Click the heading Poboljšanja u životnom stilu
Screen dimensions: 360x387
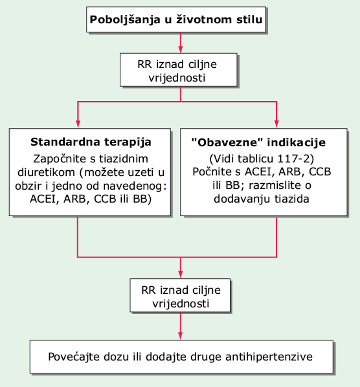pyautogui.click(x=176, y=19)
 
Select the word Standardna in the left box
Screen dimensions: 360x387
pyautogui.click(x=65, y=142)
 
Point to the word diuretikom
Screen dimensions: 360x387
pyautogui.click(x=46, y=172)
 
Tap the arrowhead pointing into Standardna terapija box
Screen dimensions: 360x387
pyautogui.click(x=78, y=124)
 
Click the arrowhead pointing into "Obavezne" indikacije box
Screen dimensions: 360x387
pyautogui.click(x=276, y=124)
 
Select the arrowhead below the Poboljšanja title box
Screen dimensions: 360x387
pyautogui.click(x=181, y=49)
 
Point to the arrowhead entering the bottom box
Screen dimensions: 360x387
pyautogui.click(x=181, y=336)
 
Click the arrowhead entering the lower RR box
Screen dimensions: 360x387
pyautogui.click(x=181, y=274)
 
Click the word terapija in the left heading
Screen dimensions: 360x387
pyautogui.click(x=128, y=142)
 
